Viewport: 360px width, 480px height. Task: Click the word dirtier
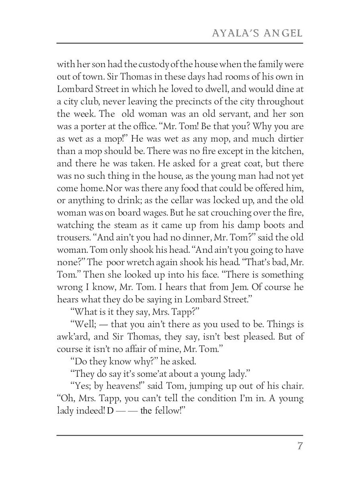pos(288,138)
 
